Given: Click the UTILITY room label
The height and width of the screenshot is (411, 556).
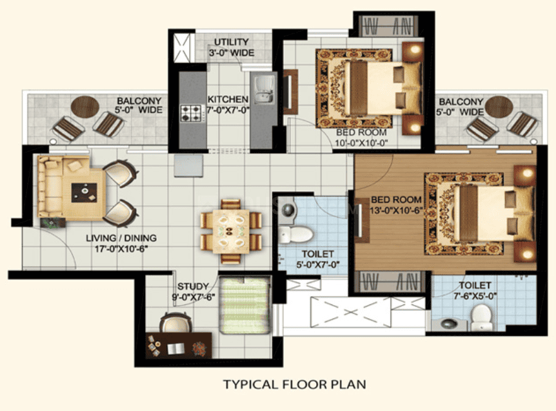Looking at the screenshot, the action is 232,42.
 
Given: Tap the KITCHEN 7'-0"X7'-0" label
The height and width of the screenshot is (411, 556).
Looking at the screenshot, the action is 228,105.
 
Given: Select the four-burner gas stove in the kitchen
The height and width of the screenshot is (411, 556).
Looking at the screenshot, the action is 191,113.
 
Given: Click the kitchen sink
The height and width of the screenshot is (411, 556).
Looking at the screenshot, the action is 263,90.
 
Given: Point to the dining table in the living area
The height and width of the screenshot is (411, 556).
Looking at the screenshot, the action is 230,231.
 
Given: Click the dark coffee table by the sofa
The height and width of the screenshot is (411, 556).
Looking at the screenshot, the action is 84,193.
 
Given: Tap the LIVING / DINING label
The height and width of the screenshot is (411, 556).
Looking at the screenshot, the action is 121,238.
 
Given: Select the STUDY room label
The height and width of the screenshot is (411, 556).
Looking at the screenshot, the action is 193,286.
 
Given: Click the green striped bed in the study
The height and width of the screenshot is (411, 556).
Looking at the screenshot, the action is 244,306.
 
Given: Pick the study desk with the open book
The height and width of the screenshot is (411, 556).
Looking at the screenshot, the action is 179,345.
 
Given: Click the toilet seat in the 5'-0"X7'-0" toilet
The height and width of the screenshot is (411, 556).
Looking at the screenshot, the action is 295,235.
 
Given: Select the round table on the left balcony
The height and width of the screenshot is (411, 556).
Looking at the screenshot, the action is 85,106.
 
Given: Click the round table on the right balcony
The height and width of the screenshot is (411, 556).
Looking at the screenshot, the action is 499,107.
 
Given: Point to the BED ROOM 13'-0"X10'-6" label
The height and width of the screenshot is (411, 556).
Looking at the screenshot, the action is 396,205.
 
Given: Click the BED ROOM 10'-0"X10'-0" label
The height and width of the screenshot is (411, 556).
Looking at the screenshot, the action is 361,138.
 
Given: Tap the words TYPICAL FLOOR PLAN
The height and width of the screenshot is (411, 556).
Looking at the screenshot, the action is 295,385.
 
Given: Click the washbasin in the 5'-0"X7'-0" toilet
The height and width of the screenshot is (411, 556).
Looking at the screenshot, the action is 289,209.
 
